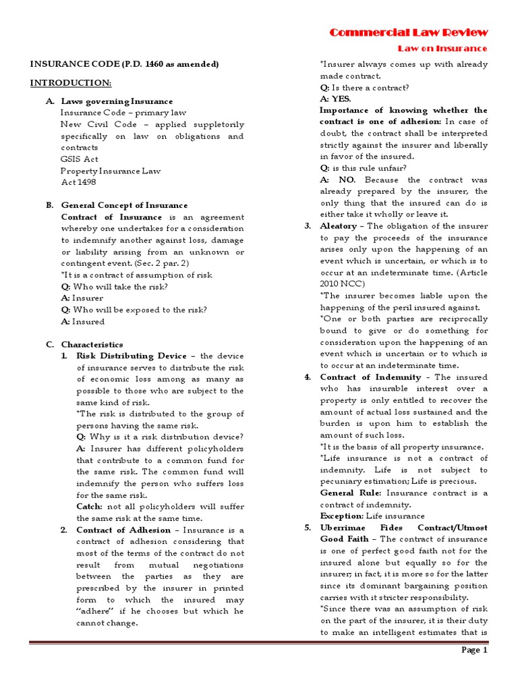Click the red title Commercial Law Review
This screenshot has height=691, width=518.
(x=408, y=32)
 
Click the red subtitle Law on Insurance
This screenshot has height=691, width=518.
(x=442, y=48)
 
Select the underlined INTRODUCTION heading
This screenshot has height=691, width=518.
(x=70, y=82)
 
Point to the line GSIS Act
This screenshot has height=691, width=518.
(x=79, y=159)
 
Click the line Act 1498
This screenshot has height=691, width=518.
(x=79, y=182)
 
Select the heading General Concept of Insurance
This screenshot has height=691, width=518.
(x=124, y=205)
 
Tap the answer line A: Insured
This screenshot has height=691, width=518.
(x=83, y=321)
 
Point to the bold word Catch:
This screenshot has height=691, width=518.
(x=90, y=506)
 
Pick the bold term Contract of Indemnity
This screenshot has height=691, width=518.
(x=370, y=377)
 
